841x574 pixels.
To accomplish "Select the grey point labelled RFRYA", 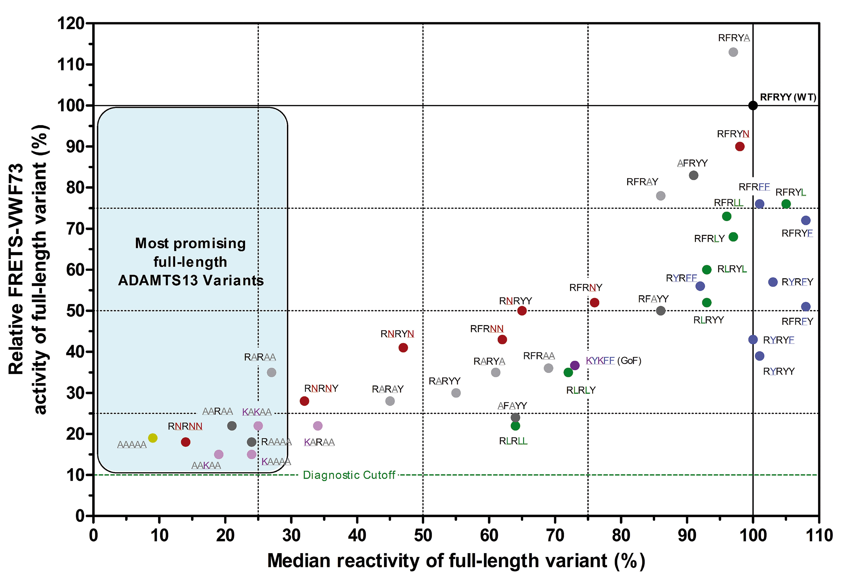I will pos(733,52).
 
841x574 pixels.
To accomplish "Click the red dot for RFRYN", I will pos(740,147).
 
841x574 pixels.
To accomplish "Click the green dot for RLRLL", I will pos(515,426).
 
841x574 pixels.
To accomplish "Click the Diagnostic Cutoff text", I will pos(349,475).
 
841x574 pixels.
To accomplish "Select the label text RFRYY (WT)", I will pos(788,97).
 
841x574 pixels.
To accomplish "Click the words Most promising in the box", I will pos(190,243).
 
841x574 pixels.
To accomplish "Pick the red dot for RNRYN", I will pos(403,348).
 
